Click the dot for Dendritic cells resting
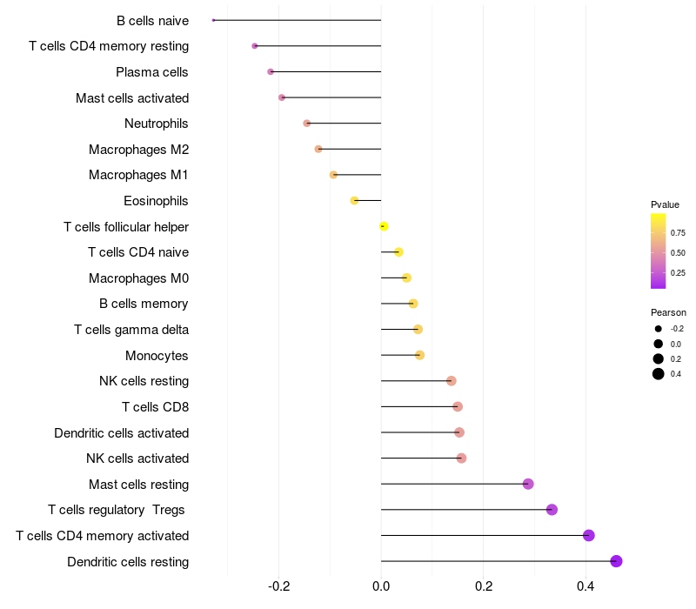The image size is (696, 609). (x=617, y=561)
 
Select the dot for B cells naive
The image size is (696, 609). (x=213, y=20)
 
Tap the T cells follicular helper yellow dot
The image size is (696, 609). (x=384, y=226)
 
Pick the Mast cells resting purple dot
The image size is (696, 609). (x=528, y=484)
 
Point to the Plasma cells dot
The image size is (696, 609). (x=271, y=71)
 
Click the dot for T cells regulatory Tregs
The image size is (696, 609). (x=552, y=510)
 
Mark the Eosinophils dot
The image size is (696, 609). (x=354, y=201)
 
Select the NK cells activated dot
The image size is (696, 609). (x=461, y=458)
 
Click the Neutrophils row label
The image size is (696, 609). (x=157, y=124)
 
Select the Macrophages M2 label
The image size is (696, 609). (x=138, y=150)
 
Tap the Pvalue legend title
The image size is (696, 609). (x=665, y=204)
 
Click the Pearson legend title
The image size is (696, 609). (x=668, y=312)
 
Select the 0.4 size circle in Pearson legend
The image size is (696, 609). (x=659, y=374)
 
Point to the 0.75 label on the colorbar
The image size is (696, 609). (x=677, y=232)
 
